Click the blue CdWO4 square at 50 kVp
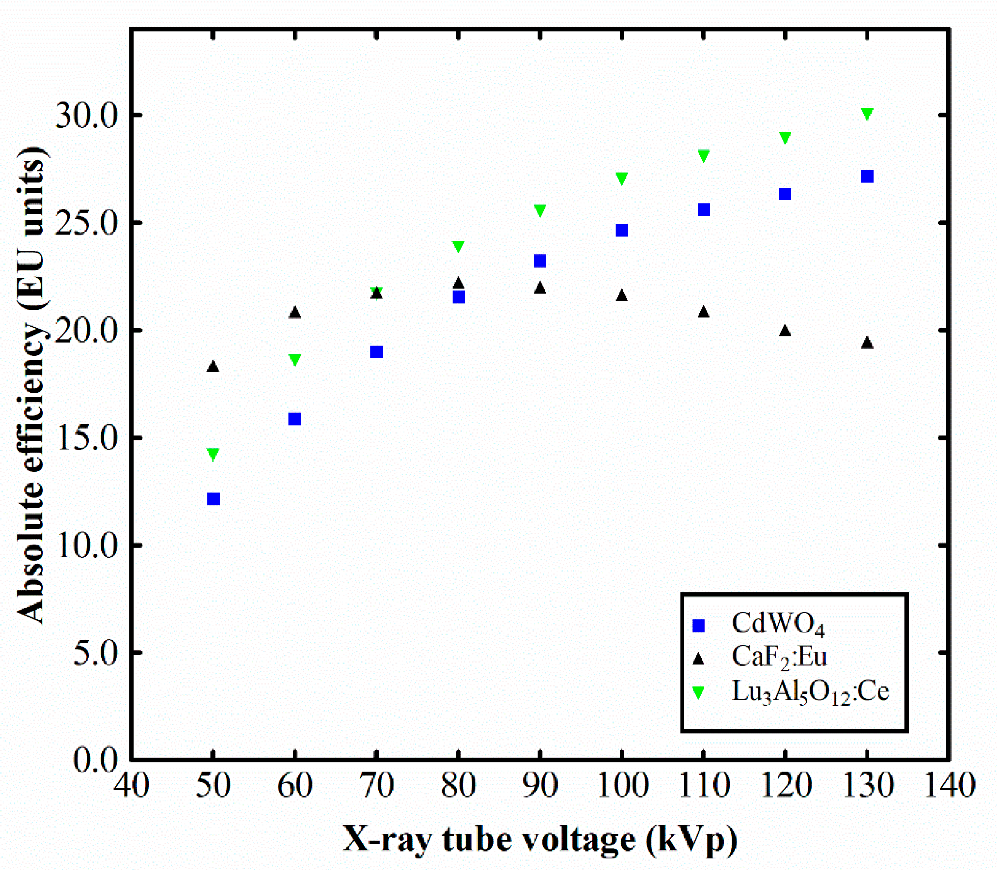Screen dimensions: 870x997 click(213, 499)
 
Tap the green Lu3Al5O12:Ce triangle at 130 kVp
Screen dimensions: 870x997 click(867, 113)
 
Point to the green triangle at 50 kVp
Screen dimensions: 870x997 click(213, 454)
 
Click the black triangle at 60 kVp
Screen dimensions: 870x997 click(294, 313)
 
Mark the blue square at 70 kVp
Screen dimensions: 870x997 click(376, 352)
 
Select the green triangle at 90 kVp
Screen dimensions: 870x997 click(540, 210)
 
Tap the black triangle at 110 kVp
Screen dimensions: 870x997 click(703, 312)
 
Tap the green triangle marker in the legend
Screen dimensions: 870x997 click(698, 692)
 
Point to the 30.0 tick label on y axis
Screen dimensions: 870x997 click(87, 116)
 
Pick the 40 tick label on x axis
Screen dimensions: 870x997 click(131, 786)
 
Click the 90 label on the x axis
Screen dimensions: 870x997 click(540, 786)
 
